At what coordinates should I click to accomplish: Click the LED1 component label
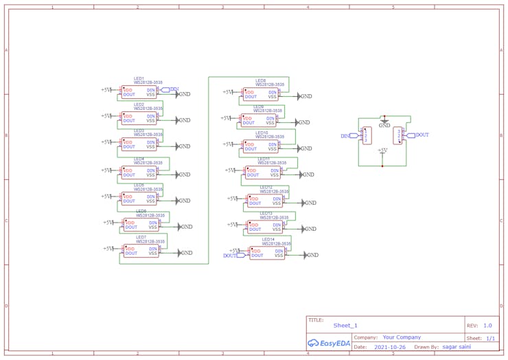(x=139, y=79)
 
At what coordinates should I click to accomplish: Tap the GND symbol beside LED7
(x=185, y=253)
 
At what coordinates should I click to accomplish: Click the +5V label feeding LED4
(x=106, y=170)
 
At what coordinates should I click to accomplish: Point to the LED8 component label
(x=260, y=81)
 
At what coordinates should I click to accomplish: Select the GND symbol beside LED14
(x=311, y=255)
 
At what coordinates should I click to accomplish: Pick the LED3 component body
(x=139, y=144)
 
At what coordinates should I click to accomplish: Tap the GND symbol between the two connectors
(x=384, y=124)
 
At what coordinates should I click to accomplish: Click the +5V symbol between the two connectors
(x=382, y=150)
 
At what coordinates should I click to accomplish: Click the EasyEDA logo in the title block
(x=329, y=343)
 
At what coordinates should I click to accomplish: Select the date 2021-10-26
(x=389, y=347)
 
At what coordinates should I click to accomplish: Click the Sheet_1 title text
(x=345, y=326)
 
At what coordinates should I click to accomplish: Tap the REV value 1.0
(x=487, y=326)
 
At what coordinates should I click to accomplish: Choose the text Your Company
(x=402, y=337)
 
